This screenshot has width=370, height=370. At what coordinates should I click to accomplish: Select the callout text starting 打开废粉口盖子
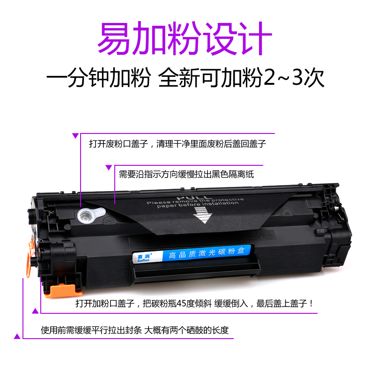(178, 144)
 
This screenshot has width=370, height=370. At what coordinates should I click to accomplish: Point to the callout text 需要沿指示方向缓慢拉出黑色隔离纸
(186, 174)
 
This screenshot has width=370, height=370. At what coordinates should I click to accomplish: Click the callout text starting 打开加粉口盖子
(194, 303)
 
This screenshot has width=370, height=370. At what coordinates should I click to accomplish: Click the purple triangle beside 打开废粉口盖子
(75, 136)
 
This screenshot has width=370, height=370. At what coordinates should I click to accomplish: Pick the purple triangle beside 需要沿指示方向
(109, 167)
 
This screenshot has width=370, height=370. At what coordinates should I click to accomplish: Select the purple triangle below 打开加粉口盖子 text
(35, 311)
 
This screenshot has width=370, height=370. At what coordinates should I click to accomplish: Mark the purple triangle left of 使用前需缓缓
(17, 335)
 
